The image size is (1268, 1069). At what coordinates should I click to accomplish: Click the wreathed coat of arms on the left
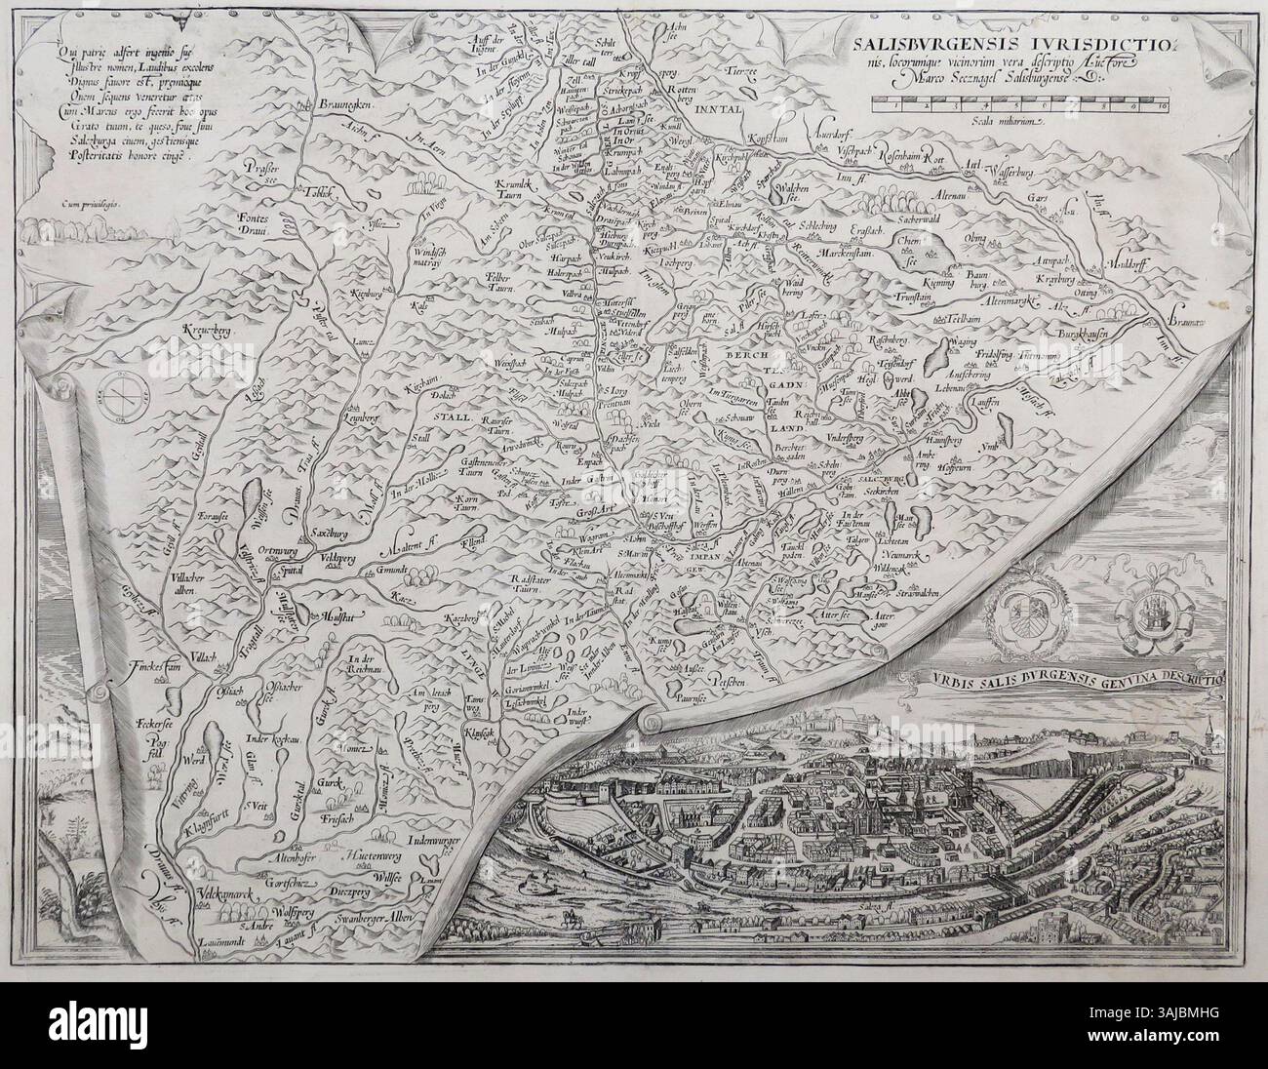pos(1020,625)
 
